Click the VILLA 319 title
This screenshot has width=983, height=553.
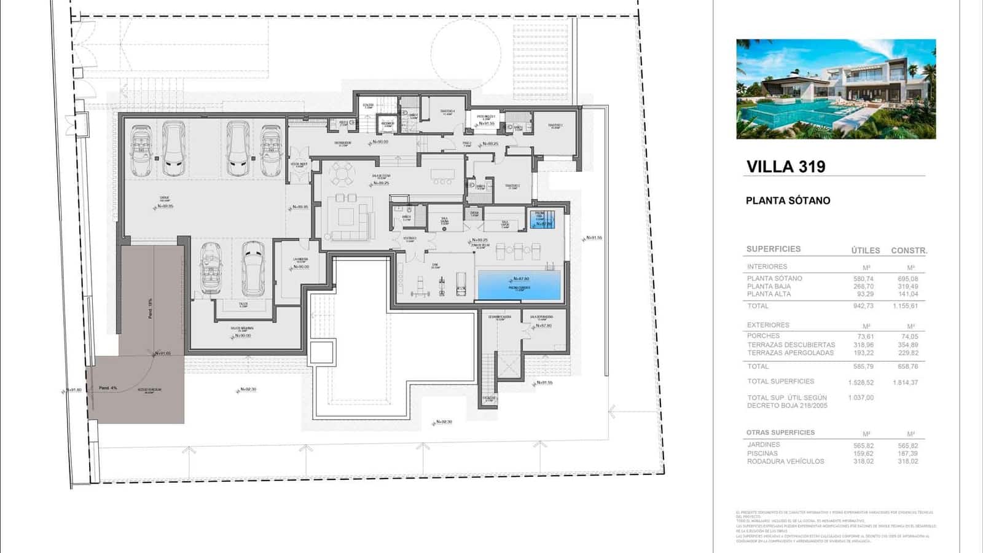(786, 167)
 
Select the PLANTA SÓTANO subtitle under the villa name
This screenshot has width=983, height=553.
(788, 200)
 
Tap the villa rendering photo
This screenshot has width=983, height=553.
(836, 89)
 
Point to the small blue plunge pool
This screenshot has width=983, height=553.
(542, 219)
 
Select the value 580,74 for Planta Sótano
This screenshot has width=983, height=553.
(863, 279)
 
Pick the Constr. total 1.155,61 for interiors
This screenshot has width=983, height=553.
(905, 306)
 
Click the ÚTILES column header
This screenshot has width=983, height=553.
(865, 251)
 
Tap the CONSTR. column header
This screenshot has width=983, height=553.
(909, 251)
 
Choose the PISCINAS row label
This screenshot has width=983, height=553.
(762, 453)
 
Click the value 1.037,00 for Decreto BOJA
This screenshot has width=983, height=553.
(861, 398)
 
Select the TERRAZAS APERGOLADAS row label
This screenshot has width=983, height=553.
(790, 353)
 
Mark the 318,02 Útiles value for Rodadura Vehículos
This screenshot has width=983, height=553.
(863, 461)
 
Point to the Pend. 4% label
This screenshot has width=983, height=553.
(108, 388)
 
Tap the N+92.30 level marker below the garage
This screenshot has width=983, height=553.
(248, 390)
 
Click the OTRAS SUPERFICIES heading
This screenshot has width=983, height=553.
(780, 433)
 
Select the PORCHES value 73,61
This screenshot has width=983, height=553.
(865, 337)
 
